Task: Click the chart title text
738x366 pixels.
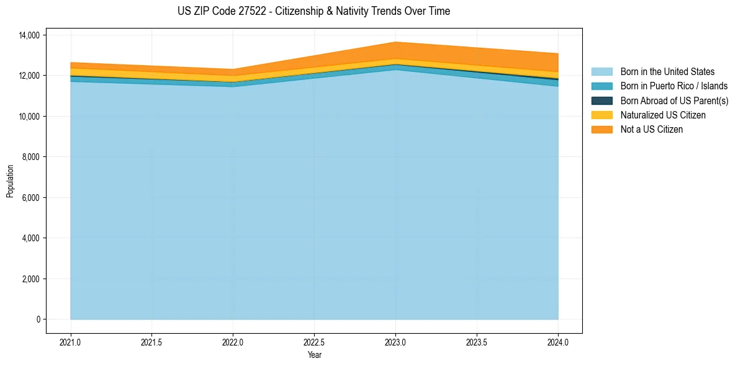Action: [x=313, y=11]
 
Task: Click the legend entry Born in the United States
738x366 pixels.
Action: [x=667, y=72]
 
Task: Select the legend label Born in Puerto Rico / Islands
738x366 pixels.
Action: [x=673, y=86]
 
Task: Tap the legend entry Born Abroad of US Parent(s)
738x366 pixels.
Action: [x=674, y=100]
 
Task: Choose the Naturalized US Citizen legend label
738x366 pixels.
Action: [x=663, y=115]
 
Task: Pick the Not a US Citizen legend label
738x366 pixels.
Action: [x=651, y=129]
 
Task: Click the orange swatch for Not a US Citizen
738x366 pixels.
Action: [x=601, y=129]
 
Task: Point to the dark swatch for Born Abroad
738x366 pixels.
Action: [x=601, y=100]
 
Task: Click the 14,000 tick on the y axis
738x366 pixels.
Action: [x=29, y=35]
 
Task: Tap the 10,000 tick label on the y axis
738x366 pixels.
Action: [x=29, y=117]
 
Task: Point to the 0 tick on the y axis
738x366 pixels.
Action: [x=38, y=319]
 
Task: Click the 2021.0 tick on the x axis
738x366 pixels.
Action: [x=71, y=342]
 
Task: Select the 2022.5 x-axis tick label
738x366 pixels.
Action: [x=314, y=342]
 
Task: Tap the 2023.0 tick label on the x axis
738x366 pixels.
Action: [x=395, y=342]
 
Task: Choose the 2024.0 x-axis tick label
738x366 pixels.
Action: [x=558, y=342]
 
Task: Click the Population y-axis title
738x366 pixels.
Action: [x=10, y=181]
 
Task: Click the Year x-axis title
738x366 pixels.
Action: [x=314, y=355]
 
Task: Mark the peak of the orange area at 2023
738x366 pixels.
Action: [x=395, y=43]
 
